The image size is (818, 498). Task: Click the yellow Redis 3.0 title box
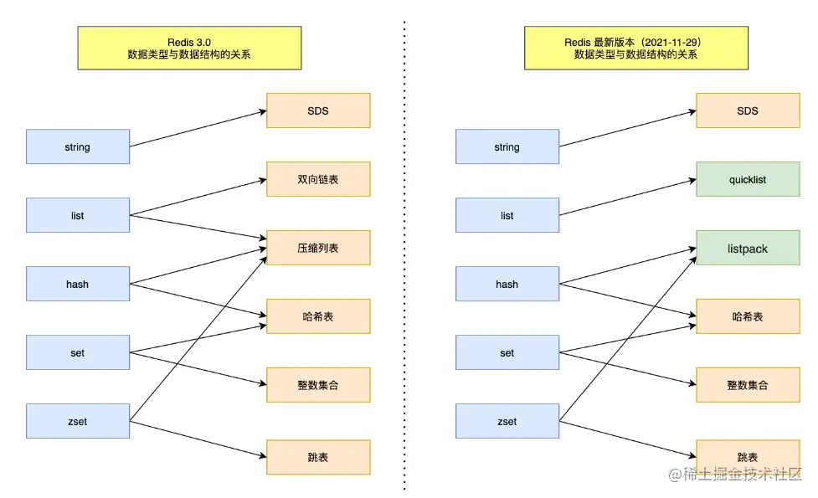pyautogui.click(x=189, y=48)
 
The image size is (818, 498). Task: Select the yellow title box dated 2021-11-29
pyautogui.click(x=635, y=48)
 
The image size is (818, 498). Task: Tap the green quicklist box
pyautogui.click(x=748, y=179)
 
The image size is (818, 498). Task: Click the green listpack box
pyautogui.click(x=748, y=249)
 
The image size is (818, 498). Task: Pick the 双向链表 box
pyautogui.click(x=318, y=179)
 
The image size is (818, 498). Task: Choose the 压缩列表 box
pyautogui.click(x=318, y=248)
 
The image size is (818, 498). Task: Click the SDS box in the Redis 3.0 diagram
pyautogui.click(x=318, y=110)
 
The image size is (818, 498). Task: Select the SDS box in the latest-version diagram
pyautogui.click(x=748, y=110)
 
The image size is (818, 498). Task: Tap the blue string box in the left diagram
pyautogui.click(x=78, y=146)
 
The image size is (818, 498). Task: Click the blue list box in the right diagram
pyautogui.click(x=507, y=215)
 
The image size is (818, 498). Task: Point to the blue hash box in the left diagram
pyautogui.click(x=78, y=284)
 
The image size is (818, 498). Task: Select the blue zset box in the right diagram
pyautogui.click(x=507, y=421)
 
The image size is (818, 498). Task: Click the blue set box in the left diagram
pyautogui.click(x=78, y=352)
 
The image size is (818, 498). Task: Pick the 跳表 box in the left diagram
pyautogui.click(x=318, y=457)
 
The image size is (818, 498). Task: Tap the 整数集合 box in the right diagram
pyautogui.click(x=748, y=385)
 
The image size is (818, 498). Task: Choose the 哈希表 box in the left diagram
pyautogui.click(x=318, y=316)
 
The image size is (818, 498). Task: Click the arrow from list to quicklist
pyautogui.click(x=627, y=198)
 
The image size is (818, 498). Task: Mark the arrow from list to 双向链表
pyautogui.click(x=198, y=198)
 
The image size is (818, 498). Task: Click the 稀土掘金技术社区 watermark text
pyautogui.click(x=740, y=475)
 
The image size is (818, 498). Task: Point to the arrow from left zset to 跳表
pyautogui.click(x=198, y=439)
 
